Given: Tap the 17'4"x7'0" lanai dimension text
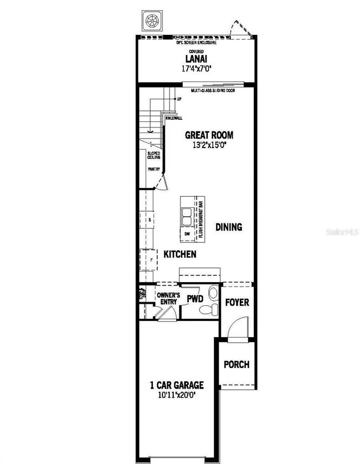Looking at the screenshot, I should tap(197, 69).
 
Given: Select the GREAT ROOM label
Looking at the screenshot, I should tap(209, 135).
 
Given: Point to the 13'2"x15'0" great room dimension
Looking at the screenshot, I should tap(209, 144).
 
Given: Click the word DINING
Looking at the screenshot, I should tap(229, 227).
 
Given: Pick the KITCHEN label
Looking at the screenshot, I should tap(179, 254).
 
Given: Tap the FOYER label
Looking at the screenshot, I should tap(237, 303).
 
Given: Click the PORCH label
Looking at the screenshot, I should tap(236, 365).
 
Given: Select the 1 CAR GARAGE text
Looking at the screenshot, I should tap(177, 385).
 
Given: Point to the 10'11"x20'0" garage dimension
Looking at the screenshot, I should tap(177, 395).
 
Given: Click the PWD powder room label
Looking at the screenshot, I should tap(194, 299).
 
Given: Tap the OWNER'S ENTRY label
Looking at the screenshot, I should tap(168, 299).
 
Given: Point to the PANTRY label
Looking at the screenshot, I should tap(153, 170).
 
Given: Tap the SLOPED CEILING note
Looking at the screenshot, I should tap(153, 155).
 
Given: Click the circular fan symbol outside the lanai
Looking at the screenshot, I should tap(151, 22).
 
